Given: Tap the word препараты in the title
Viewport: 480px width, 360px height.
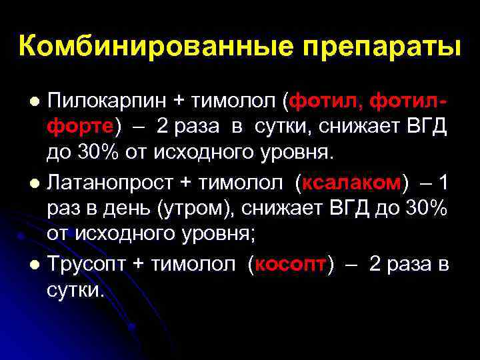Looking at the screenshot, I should (379, 47).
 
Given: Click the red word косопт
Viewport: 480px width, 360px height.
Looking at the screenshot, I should (291, 263).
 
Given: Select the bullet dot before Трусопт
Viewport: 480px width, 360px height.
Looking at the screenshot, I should (36, 264).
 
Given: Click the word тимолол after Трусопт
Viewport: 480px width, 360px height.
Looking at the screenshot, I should (193, 263).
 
